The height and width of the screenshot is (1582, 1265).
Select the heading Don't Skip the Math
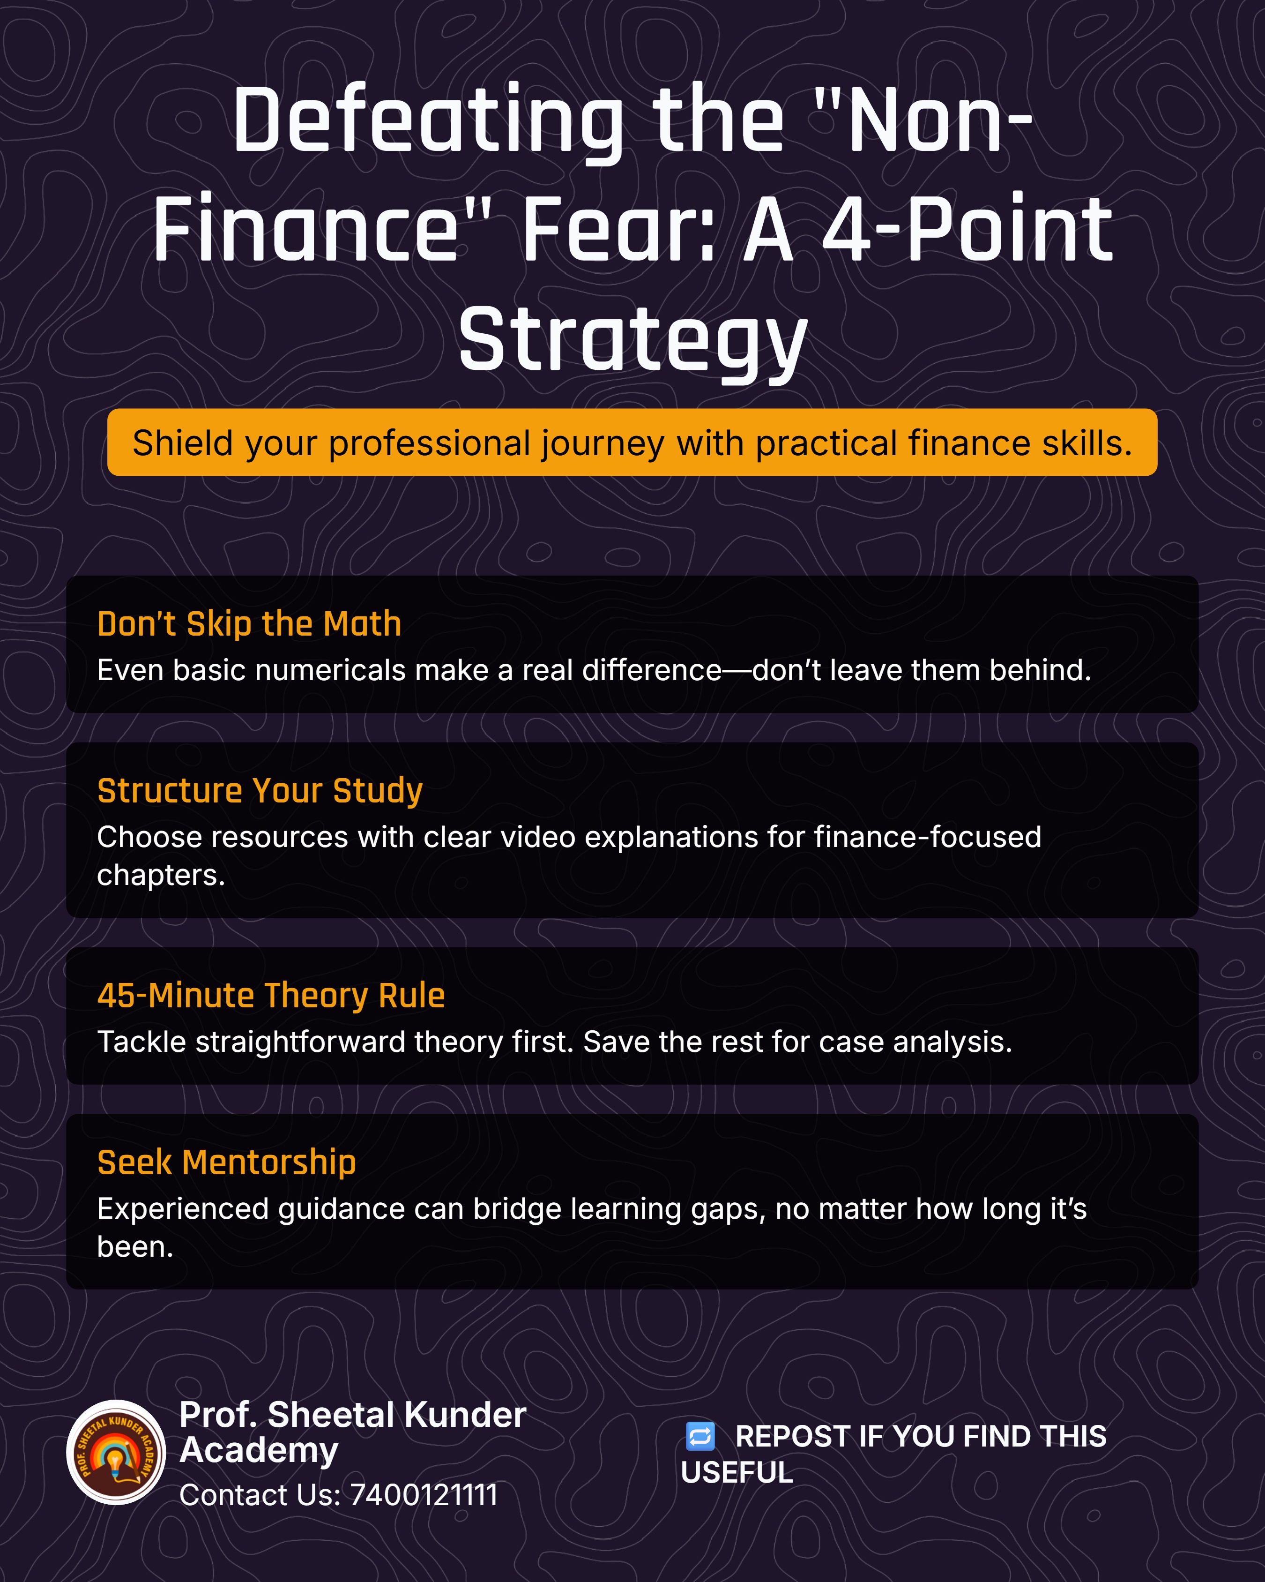249,624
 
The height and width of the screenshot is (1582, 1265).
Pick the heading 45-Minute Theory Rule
271,996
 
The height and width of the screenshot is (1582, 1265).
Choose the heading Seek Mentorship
227,1163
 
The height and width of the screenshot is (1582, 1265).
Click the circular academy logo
116,1453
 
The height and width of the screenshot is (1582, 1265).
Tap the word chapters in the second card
161,876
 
